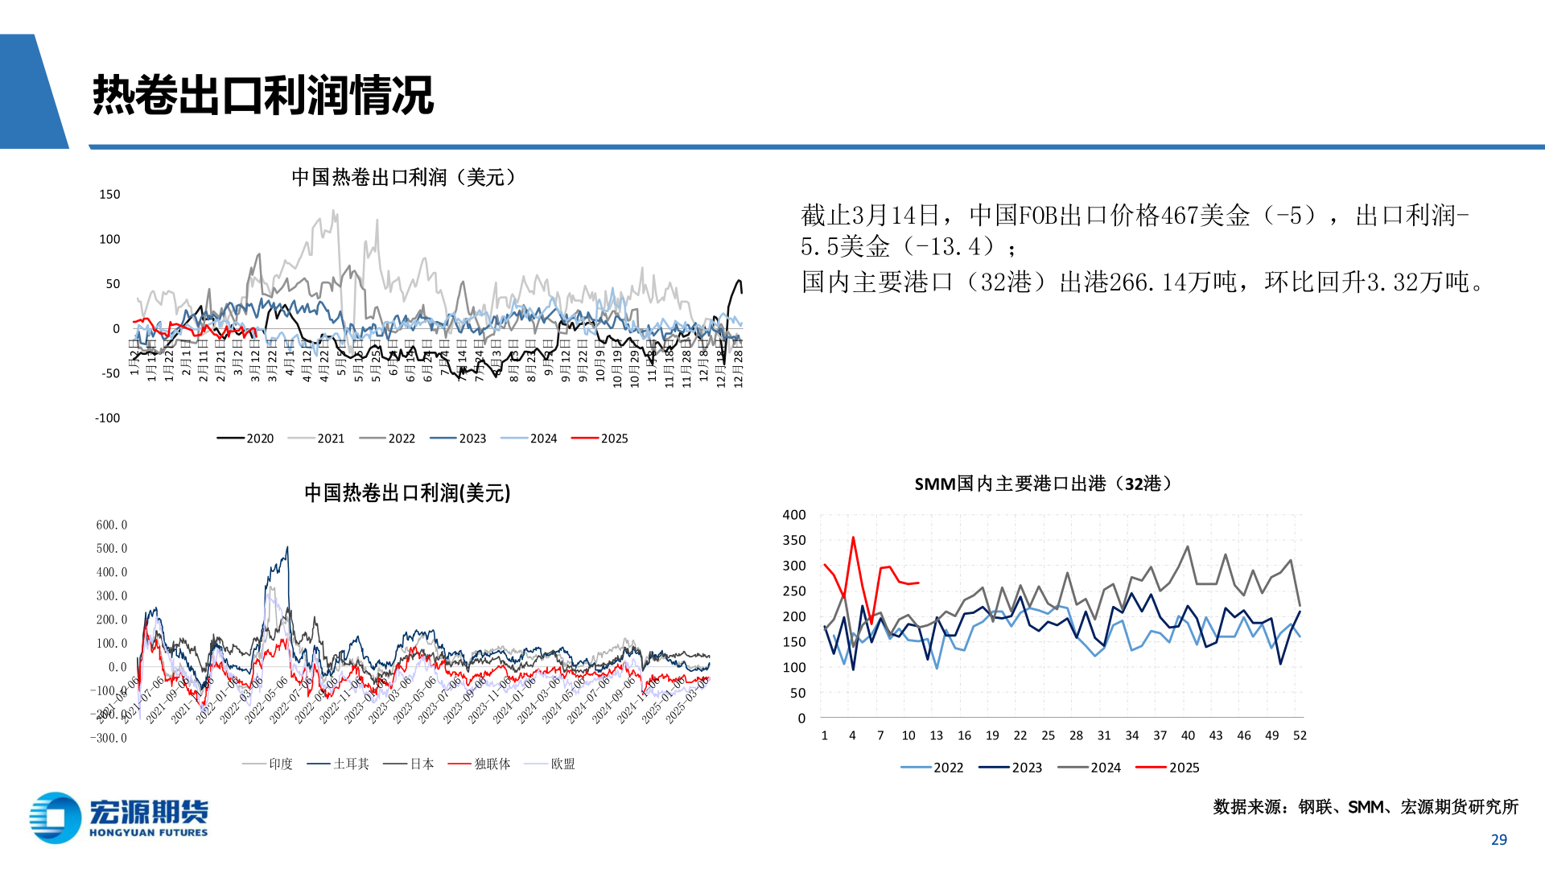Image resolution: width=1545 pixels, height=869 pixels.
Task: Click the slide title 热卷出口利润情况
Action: (262, 95)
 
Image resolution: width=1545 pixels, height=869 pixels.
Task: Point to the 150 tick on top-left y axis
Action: (109, 195)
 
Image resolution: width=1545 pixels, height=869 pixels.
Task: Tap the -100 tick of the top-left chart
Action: (107, 418)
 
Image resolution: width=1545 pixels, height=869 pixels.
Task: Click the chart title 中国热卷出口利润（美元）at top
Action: (404, 177)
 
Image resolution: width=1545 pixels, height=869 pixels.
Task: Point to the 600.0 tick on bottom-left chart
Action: (112, 525)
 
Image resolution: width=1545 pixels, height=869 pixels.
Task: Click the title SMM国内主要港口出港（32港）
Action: (1043, 484)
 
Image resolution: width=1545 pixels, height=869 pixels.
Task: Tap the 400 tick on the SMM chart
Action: (794, 515)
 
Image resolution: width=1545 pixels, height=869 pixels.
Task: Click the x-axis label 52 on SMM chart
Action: (1300, 735)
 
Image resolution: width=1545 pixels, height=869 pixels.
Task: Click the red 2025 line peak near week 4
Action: (853, 537)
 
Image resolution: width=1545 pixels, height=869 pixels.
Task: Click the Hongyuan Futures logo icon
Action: (55, 818)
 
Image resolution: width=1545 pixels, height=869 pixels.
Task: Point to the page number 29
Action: (1498, 839)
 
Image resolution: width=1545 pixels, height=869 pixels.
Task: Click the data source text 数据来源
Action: (1250, 807)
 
